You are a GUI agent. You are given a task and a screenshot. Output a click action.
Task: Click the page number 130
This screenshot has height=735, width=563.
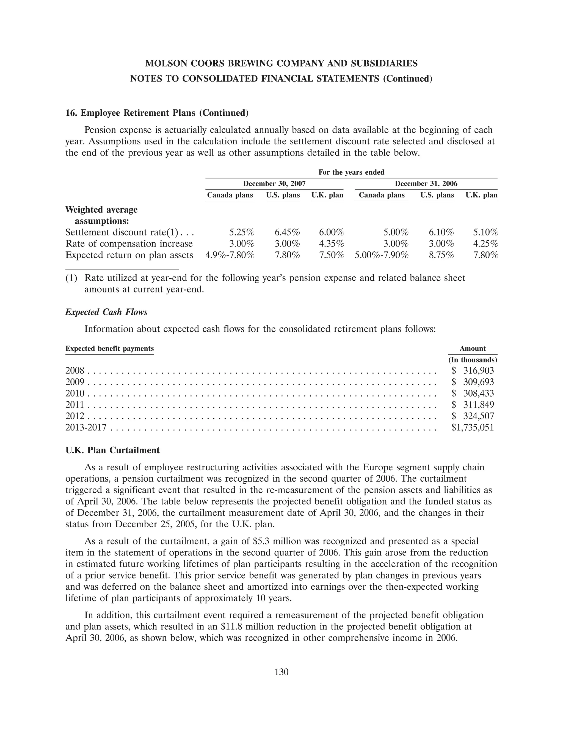[x=281, y=672]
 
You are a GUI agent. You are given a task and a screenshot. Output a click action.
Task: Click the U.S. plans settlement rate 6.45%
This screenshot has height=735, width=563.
[x=287, y=232]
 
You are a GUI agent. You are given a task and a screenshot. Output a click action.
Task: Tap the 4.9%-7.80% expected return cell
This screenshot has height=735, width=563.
[x=230, y=255]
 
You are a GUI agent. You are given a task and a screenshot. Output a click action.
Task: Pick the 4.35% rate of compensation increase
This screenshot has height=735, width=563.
[x=332, y=244]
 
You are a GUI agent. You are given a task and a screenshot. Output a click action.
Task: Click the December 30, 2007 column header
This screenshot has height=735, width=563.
[x=274, y=184]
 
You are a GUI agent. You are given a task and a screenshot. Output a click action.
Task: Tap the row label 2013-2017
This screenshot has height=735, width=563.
[x=86, y=428]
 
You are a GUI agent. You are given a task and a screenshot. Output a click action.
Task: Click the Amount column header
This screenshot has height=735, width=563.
[x=473, y=348]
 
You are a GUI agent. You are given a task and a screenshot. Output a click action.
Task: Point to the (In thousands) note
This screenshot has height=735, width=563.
[x=473, y=360]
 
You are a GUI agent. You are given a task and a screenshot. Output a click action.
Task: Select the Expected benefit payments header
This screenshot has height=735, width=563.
[x=110, y=348]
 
